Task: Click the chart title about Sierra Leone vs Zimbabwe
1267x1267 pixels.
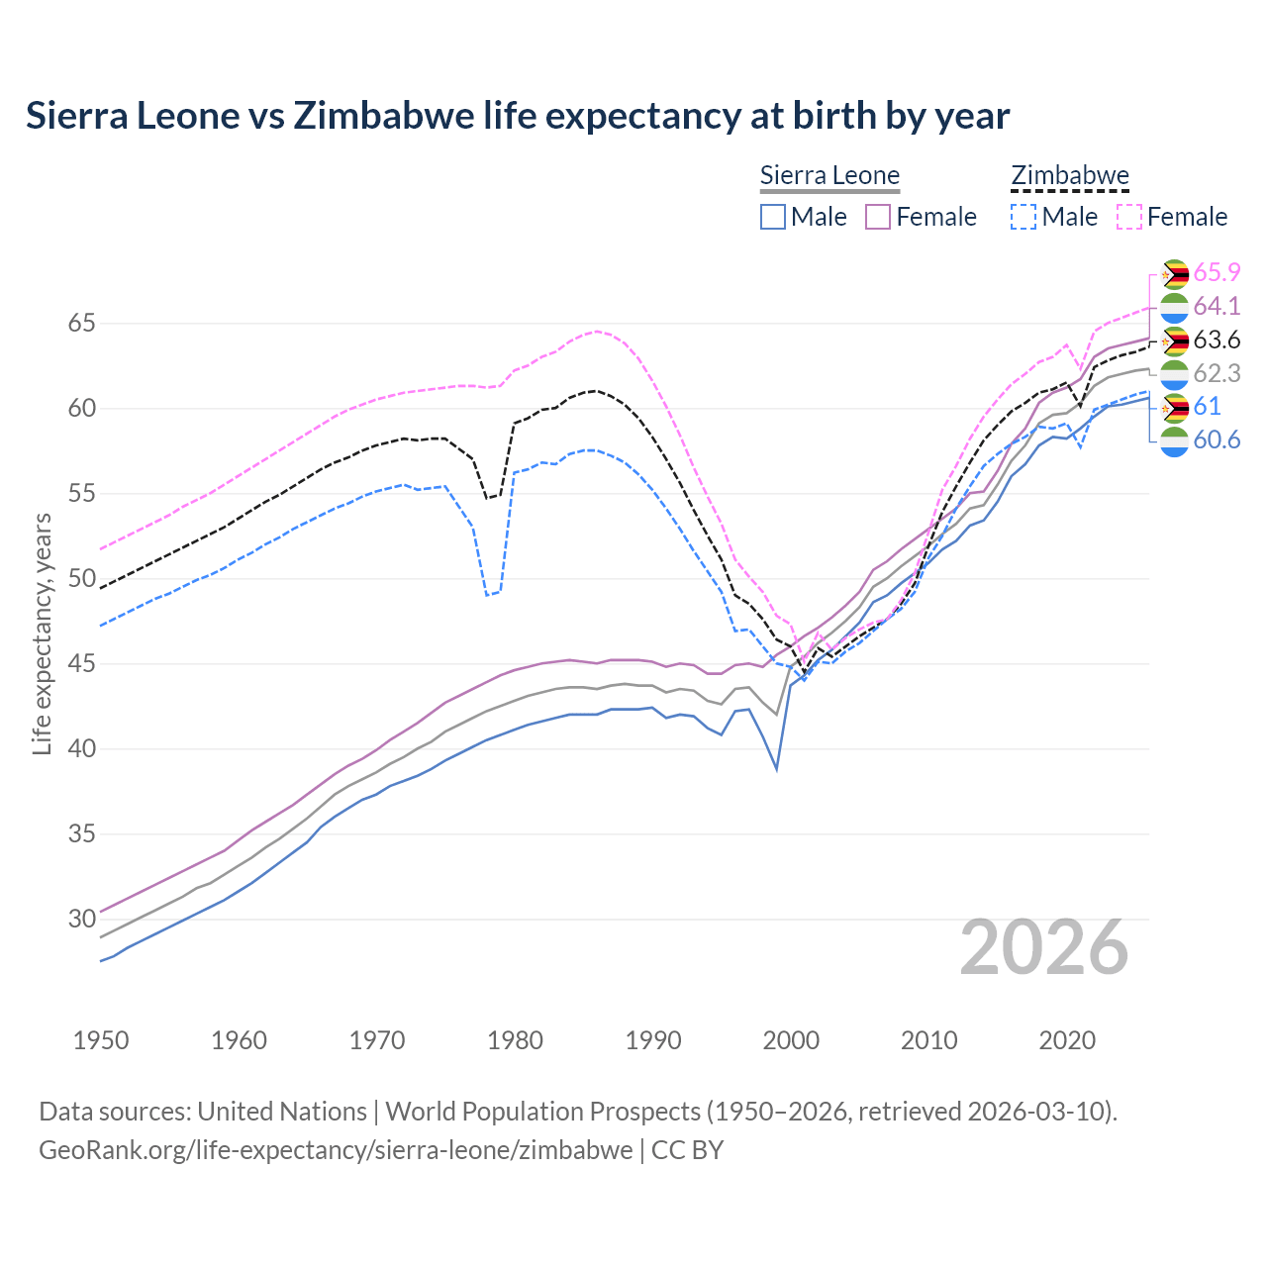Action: click(x=518, y=116)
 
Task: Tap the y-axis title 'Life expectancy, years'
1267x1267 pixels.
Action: click(x=42, y=633)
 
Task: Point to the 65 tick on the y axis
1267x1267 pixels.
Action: click(x=82, y=324)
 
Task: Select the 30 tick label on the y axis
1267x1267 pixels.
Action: click(x=82, y=919)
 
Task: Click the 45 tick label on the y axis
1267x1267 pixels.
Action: click(x=82, y=663)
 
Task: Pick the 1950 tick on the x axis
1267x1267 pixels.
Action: click(x=101, y=1040)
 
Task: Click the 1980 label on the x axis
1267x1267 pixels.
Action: click(x=515, y=1040)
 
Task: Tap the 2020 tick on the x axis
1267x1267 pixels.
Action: click(x=1067, y=1040)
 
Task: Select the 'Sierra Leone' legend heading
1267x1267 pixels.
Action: click(x=829, y=175)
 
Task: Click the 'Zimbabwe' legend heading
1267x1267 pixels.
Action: click(x=1070, y=175)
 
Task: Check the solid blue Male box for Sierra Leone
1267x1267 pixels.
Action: click(x=773, y=217)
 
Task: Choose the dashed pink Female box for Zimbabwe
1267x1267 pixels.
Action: click(x=1129, y=217)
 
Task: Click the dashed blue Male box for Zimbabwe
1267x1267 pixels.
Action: click(x=1023, y=217)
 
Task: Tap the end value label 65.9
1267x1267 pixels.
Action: click(x=1217, y=273)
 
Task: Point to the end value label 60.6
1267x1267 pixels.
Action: click(x=1217, y=440)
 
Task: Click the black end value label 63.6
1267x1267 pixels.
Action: click(x=1217, y=341)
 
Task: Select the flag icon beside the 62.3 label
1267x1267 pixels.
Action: click(x=1174, y=374)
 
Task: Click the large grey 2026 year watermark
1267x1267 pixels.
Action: click(x=1044, y=947)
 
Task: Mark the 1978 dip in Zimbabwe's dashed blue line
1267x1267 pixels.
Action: click(x=487, y=595)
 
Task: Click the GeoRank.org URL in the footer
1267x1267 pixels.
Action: click(x=336, y=1150)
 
